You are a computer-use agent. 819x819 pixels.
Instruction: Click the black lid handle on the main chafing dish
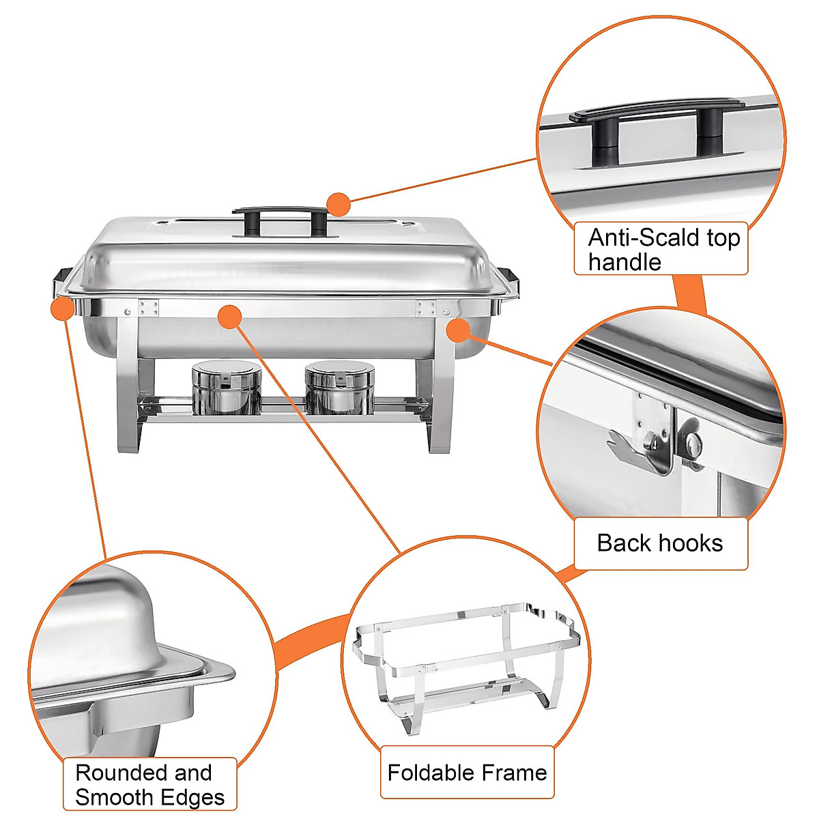pos(280,212)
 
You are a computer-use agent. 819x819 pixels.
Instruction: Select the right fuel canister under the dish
pos(339,388)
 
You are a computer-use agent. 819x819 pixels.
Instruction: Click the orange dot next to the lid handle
pos(338,204)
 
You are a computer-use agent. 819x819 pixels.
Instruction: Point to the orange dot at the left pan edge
pos(62,308)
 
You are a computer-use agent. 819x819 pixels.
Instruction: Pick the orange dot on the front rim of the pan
pos(229,316)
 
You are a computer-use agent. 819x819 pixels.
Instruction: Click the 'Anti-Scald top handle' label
pos(661,249)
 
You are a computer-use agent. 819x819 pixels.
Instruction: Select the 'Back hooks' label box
pos(660,543)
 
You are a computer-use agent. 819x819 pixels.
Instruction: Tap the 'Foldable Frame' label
pos(467,773)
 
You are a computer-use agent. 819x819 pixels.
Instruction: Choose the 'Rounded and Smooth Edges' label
pos(149,785)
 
